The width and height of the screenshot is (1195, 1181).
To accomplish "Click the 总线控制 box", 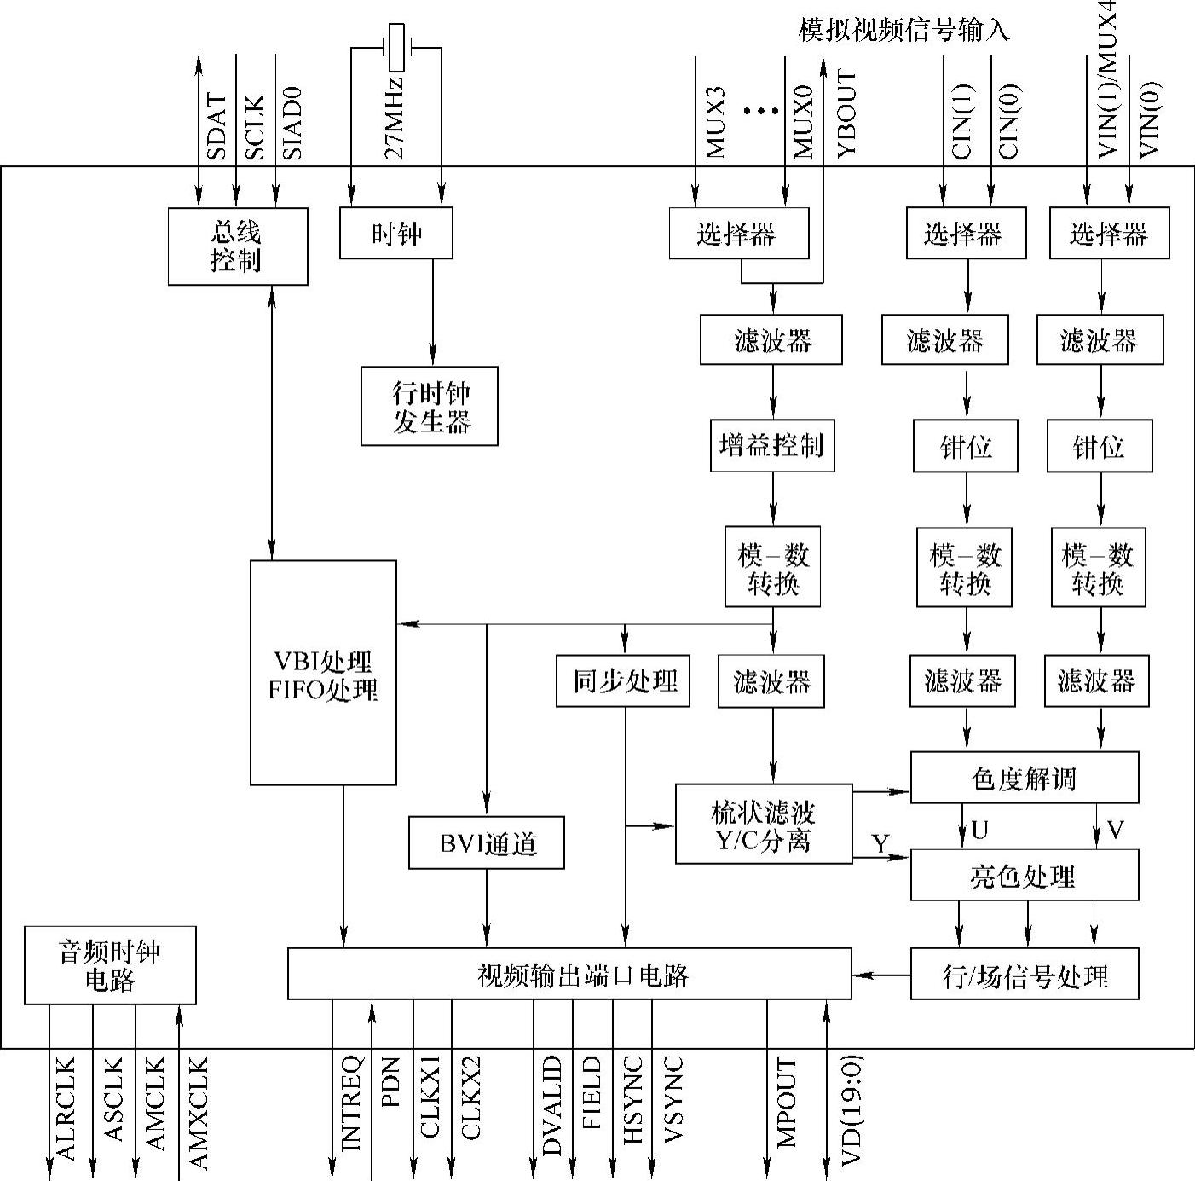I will (237, 246).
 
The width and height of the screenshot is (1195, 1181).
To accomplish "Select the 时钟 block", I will (395, 233).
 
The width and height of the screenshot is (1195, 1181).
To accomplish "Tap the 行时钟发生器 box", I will (430, 406).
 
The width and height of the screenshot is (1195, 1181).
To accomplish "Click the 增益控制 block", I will (772, 445).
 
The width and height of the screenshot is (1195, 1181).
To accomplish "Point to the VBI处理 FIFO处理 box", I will (323, 673).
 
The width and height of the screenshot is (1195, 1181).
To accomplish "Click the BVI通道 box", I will (487, 843).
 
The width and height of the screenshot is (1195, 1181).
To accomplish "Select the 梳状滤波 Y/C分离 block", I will (764, 824).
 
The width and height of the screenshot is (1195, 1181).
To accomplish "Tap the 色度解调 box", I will (1025, 778).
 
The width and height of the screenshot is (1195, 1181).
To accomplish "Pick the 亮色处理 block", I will (1025, 876).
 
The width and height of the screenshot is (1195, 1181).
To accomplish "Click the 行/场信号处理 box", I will (1025, 974).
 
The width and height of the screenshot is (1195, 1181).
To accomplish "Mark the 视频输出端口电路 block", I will (569, 974).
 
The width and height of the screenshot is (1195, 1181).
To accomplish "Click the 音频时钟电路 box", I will (110, 965).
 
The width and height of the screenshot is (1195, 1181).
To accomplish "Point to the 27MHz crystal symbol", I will (396, 48).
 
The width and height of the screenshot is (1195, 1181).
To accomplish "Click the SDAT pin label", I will (217, 128).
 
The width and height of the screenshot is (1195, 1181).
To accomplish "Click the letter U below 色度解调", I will (980, 830).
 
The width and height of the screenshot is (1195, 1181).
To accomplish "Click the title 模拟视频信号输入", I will (903, 31).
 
